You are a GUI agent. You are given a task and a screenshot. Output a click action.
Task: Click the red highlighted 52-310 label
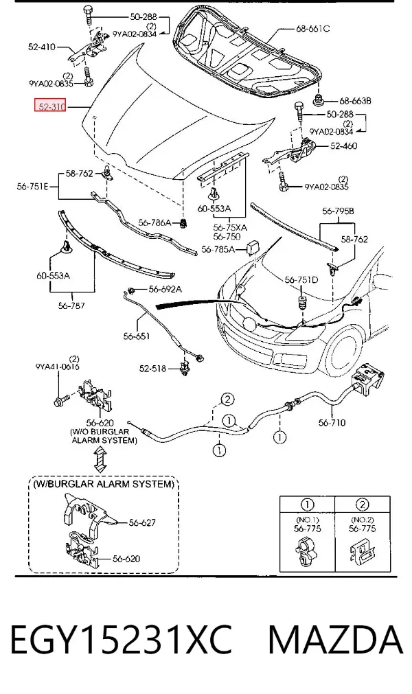[50, 106]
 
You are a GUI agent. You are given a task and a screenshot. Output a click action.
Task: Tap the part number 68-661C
[313, 29]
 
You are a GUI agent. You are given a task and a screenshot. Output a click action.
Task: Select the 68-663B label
[355, 101]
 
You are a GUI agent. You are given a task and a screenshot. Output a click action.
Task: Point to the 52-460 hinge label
[343, 146]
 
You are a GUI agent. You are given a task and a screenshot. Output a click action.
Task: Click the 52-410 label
[42, 47]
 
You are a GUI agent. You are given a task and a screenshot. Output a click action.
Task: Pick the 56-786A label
[154, 222]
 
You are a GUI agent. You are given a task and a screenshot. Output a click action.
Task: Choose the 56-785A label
[218, 250]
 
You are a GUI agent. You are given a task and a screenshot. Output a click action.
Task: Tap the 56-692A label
[165, 290]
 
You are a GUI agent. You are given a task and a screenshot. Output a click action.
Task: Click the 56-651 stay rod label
[136, 336]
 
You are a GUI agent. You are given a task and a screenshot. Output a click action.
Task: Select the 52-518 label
[152, 368]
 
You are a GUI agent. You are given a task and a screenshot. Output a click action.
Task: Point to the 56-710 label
[332, 423]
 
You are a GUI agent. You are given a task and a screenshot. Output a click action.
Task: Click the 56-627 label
[142, 522]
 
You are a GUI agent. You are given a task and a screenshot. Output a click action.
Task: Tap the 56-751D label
[301, 279]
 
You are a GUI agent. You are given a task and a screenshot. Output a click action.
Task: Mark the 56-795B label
[338, 211]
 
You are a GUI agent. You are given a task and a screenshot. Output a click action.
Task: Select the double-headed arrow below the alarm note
[101, 460]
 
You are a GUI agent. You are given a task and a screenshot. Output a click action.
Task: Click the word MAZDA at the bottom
[335, 640]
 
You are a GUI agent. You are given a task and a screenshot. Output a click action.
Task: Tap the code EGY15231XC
[121, 640]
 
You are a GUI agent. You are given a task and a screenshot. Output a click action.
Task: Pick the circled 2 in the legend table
[362, 505]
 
